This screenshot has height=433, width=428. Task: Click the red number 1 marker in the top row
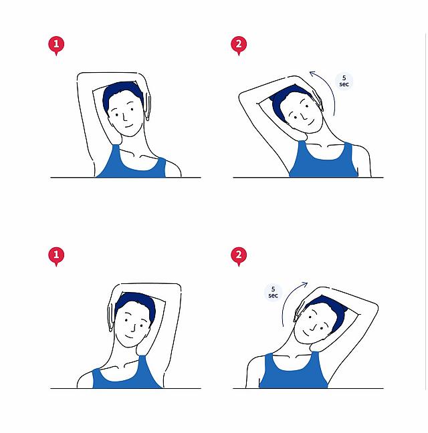click(56, 45)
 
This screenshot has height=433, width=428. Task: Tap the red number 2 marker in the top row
click(239, 45)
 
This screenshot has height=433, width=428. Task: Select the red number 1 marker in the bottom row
click(56, 256)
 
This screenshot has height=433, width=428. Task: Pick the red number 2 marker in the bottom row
click(239, 256)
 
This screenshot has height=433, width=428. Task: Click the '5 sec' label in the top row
click(344, 81)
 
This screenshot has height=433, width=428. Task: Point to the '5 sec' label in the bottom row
click(273, 292)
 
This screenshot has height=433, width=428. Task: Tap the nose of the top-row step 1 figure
click(125, 117)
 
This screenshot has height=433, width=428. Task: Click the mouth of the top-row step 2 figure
click(312, 122)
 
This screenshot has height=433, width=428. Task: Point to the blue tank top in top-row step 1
click(132, 165)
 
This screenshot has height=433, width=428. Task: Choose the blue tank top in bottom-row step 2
click(293, 374)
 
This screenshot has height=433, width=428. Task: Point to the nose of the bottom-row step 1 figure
click(134, 328)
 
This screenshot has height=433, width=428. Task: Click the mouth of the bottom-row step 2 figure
click(306, 333)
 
